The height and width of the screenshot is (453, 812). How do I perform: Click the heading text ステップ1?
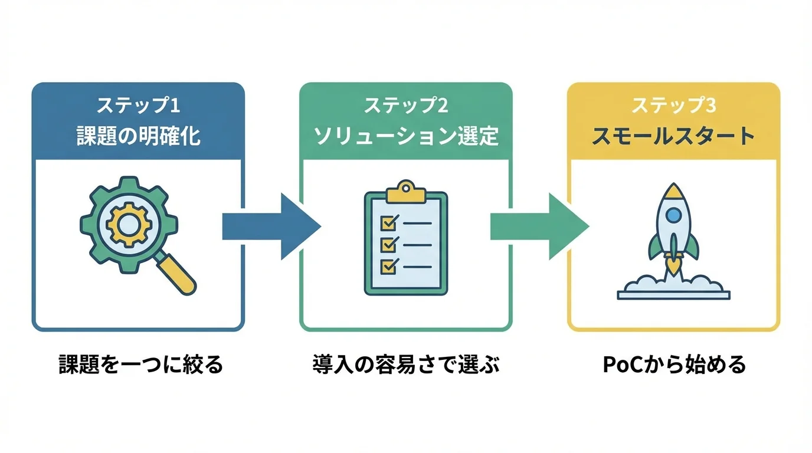coord(137,106)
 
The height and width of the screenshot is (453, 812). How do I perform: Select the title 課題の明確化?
coord(138,136)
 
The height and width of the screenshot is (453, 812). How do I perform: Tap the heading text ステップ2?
coord(405,106)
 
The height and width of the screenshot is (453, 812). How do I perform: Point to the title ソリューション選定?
coord(405,136)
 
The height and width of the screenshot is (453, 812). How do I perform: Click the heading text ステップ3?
coord(673,106)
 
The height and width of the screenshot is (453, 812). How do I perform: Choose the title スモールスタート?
coord(673,136)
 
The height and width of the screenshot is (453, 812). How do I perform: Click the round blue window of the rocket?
coord(673,216)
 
